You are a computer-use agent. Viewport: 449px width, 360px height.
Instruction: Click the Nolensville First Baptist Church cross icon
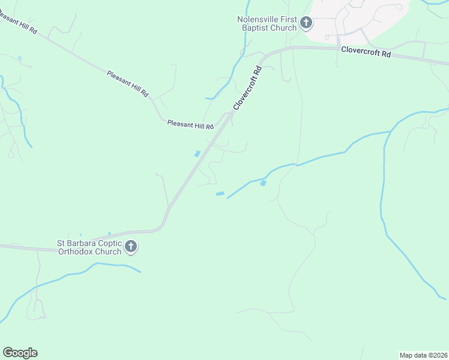point(306,23)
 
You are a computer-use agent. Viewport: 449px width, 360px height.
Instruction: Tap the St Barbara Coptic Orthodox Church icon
point(131,246)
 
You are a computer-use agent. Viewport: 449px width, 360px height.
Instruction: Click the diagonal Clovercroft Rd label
point(248,88)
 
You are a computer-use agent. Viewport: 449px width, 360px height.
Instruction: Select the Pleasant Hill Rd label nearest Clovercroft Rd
point(190,125)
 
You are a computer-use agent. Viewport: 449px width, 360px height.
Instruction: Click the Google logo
point(20,353)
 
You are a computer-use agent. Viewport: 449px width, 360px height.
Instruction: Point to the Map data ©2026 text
point(423,355)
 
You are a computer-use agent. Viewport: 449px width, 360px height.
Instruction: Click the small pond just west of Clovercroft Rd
point(197,154)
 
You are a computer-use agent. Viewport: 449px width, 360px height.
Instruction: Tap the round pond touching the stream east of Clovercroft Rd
point(263,183)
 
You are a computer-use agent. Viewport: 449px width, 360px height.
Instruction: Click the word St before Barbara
point(61,243)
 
